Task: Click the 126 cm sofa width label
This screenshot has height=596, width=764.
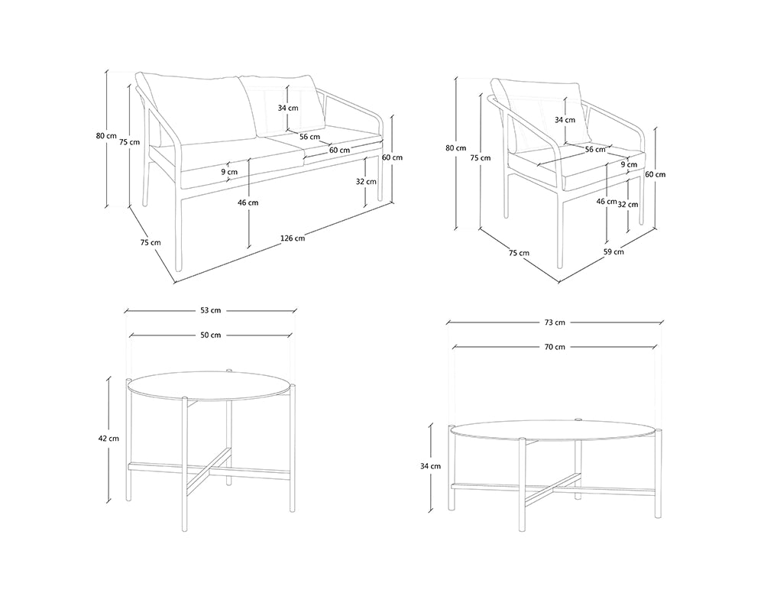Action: click(x=293, y=238)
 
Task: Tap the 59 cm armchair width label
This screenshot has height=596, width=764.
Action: click(x=614, y=252)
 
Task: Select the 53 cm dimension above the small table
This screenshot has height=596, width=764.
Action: click(x=211, y=310)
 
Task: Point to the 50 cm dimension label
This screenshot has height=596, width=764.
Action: click(x=211, y=335)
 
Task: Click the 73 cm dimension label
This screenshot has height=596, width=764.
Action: click(x=555, y=322)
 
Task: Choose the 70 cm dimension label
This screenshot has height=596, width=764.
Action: click(x=555, y=347)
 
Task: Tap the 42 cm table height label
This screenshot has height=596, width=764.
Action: click(x=108, y=438)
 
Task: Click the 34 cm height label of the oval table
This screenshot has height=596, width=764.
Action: click(x=430, y=466)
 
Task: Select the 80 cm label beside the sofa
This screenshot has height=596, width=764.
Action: click(x=106, y=136)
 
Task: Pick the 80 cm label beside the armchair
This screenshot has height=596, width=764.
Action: click(x=455, y=148)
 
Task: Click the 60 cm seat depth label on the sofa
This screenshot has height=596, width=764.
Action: click(x=339, y=150)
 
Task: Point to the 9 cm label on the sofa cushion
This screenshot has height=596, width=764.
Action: click(x=229, y=171)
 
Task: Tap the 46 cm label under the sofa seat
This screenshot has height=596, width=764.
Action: click(x=248, y=202)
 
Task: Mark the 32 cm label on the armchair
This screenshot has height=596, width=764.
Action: click(x=628, y=205)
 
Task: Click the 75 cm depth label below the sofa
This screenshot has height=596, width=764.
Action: click(x=150, y=242)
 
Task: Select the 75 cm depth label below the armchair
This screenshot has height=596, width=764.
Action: click(x=519, y=253)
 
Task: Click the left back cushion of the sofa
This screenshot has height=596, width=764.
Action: click(x=195, y=109)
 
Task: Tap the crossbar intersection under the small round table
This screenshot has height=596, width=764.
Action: click(x=209, y=471)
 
